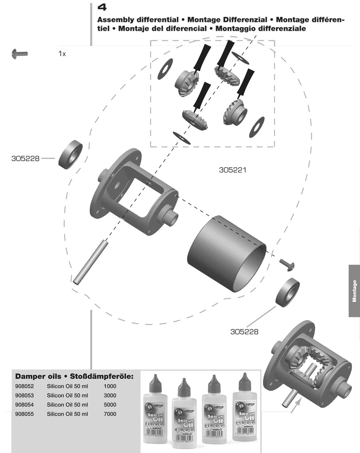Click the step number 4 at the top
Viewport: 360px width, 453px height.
tap(102, 7)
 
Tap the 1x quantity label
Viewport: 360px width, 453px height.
tap(62, 54)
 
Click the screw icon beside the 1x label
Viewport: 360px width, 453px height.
tap(20, 53)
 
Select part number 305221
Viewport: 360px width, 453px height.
tap(232, 170)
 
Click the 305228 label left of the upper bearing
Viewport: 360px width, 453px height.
tap(26, 158)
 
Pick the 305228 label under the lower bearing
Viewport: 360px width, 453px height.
tap(244, 331)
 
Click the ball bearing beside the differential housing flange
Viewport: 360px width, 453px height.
tap(70, 155)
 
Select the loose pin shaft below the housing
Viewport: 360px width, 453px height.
tap(91, 261)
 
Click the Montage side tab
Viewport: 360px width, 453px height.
tap(354, 291)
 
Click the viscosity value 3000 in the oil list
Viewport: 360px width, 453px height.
tap(110, 395)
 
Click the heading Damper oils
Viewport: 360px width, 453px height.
tap(38, 377)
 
